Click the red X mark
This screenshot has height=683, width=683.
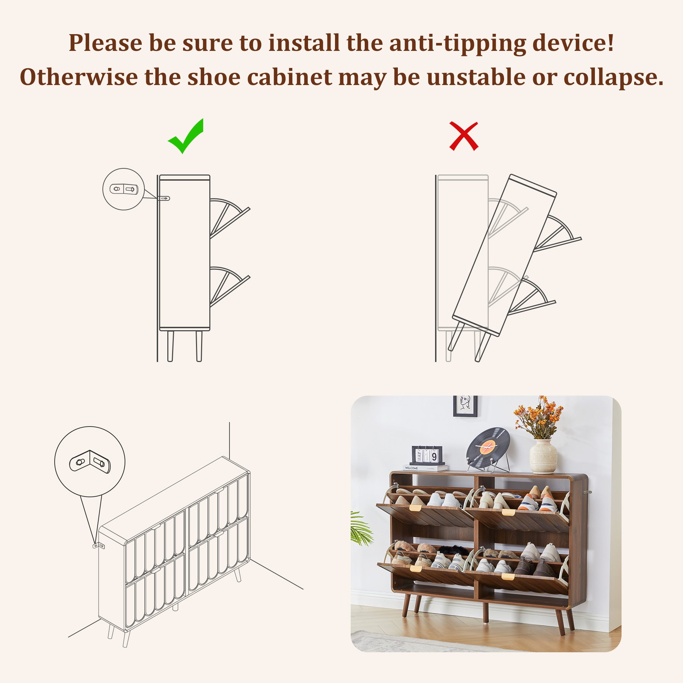(463, 136)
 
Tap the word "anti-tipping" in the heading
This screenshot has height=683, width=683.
(458, 43)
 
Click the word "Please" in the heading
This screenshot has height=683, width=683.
(105, 43)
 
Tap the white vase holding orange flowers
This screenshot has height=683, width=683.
(543, 456)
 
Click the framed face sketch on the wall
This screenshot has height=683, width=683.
(465, 406)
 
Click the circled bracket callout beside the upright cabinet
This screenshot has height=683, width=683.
(123, 189)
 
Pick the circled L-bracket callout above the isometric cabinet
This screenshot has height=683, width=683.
(90, 462)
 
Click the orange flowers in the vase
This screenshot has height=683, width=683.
(538, 417)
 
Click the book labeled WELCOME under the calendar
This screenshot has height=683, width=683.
(426, 468)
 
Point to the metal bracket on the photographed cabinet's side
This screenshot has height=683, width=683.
(587, 492)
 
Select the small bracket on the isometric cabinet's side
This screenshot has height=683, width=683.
(99, 546)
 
